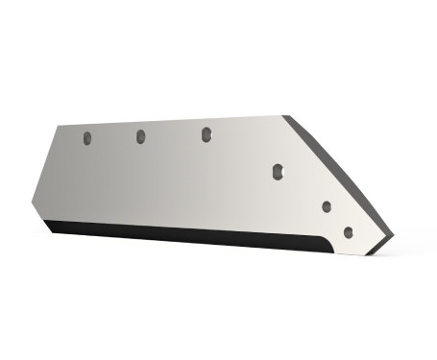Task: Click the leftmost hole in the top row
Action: (x=85, y=138)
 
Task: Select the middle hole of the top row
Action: (x=140, y=135)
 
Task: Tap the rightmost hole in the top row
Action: (x=206, y=134)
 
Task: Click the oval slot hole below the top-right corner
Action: (x=278, y=171)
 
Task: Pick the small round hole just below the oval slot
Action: (x=327, y=205)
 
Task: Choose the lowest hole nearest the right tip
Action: (x=348, y=230)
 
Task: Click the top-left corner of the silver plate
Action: (x=59, y=126)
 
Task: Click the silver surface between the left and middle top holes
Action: (x=113, y=154)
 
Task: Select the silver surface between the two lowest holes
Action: (x=337, y=218)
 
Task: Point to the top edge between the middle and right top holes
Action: (x=173, y=121)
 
